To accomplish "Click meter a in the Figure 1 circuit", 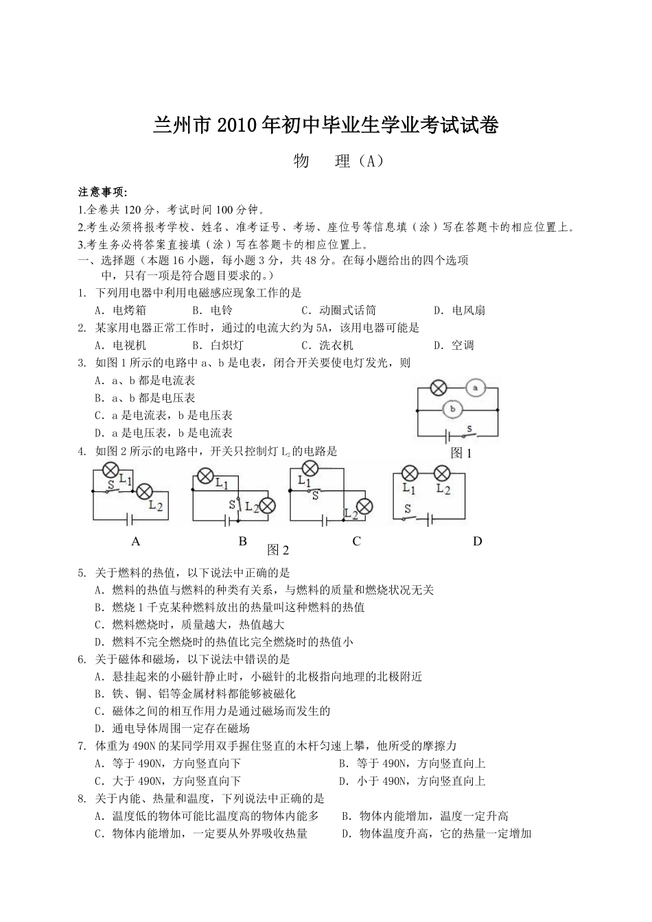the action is (x=476, y=388).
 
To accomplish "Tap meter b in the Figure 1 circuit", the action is (x=453, y=410).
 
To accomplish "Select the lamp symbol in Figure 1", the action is (x=438, y=388).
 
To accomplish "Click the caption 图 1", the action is (x=461, y=453).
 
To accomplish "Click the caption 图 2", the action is (x=278, y=550).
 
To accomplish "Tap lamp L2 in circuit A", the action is (x=144, y=491).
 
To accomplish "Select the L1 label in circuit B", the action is (x=222, y=483).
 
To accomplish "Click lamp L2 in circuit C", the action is (x=364, y=506).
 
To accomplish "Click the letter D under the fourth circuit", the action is (x=478, y=541).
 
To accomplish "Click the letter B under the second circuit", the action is (x=242, y=541).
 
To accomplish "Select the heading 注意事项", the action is (x=103, y=192).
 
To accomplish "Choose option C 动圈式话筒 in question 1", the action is (x=338, y=310).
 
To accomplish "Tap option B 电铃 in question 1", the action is (x=212, y=310).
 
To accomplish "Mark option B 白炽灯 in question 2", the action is (x=218, y=345).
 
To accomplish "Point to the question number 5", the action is (x=82, y=573).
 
